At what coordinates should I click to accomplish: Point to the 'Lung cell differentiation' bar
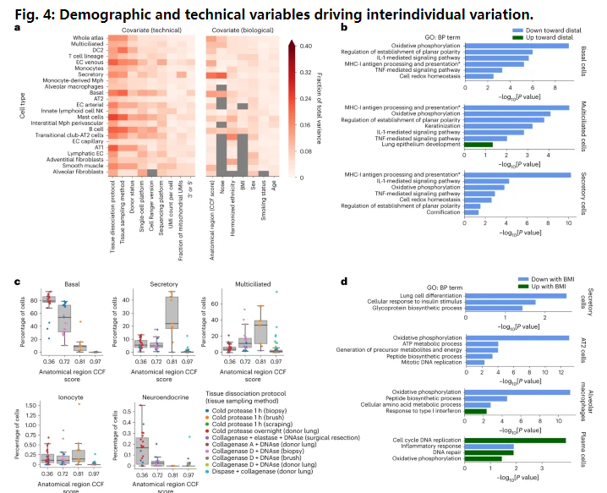click(x=507, y=294)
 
